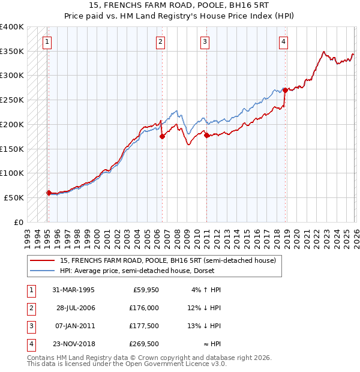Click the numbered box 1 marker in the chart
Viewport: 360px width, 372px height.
[x=47, y=42]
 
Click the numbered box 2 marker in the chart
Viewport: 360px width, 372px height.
[x=161, y=42]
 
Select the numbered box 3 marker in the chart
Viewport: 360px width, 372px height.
[x=205, y=42]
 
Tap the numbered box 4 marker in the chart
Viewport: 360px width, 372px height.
[x=283, y=42]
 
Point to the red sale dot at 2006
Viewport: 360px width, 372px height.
[x=161, y=136]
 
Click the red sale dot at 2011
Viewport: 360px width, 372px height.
[x=206, y=136]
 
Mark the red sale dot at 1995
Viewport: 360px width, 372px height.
[x=49, y=193]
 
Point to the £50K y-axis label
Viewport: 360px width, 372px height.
[x=14, y=197]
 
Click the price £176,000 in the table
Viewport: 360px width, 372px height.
[x=145, y=308]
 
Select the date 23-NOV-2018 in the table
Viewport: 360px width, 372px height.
[x=74, y=344]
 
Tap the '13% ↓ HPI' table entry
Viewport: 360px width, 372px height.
[x=204, y=326]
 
